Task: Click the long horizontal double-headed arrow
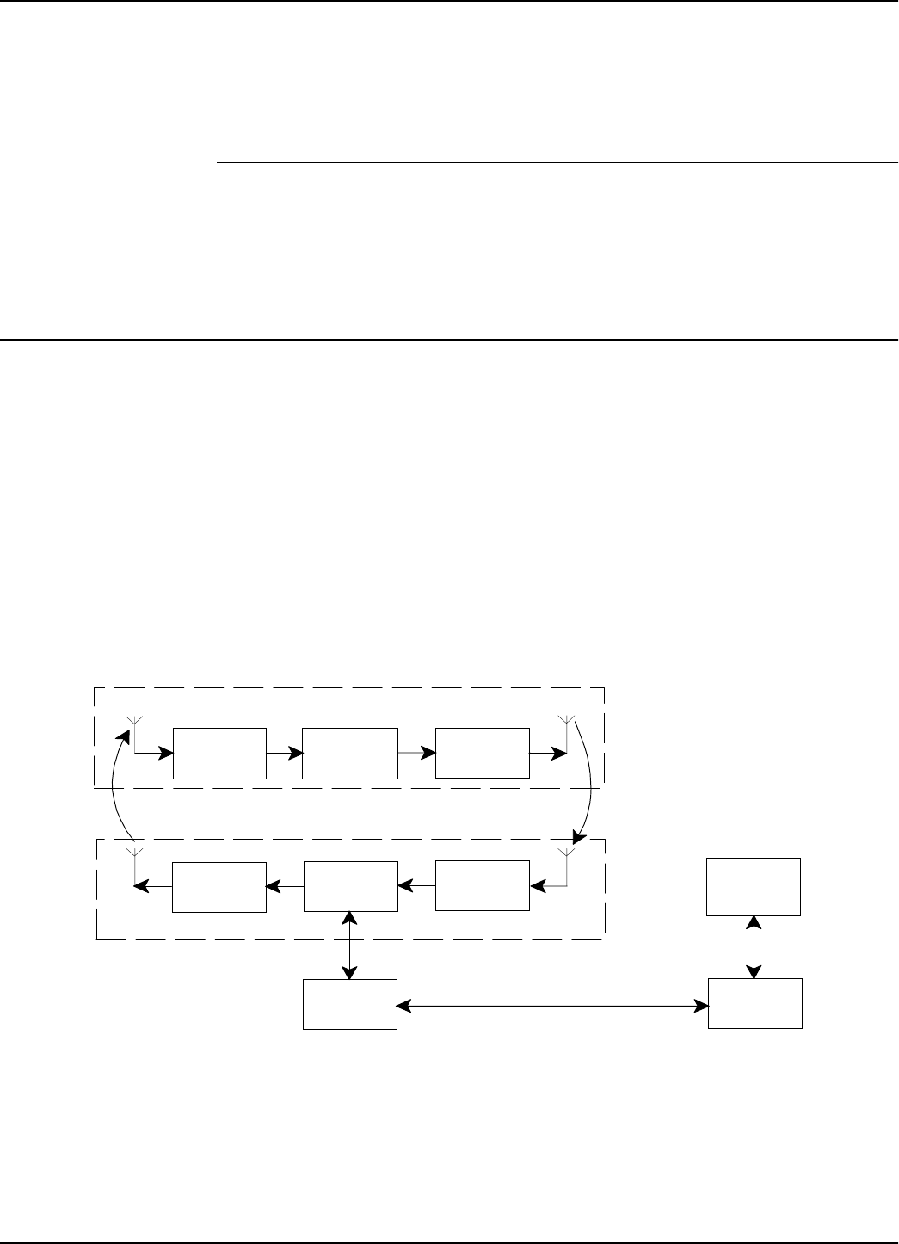[x=551, y=1004]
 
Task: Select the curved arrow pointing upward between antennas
[x=117, y=787]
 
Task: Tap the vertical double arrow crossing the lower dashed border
[x=350, y=945]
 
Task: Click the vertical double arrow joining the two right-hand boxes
[x=754, y=946]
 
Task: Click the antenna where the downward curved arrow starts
[x=565, y=723]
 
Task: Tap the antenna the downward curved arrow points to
[x=565, y=857]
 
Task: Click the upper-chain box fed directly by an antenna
[x=219, y=753]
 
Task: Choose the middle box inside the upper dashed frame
[x=350, y=753]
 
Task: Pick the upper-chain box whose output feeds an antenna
[x=482, y=753]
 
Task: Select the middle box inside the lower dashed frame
[x=350, y=886]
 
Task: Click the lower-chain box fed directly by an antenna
[x=482, y=885]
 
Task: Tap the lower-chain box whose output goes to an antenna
[x=219, y=886]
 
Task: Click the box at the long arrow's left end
[x=350, y=1004]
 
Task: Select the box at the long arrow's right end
[x=754, y=1003]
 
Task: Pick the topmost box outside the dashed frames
[x=754, y=886]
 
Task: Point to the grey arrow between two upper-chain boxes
[x=416, y=753]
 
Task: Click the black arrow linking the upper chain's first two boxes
[x=285, y=753]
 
